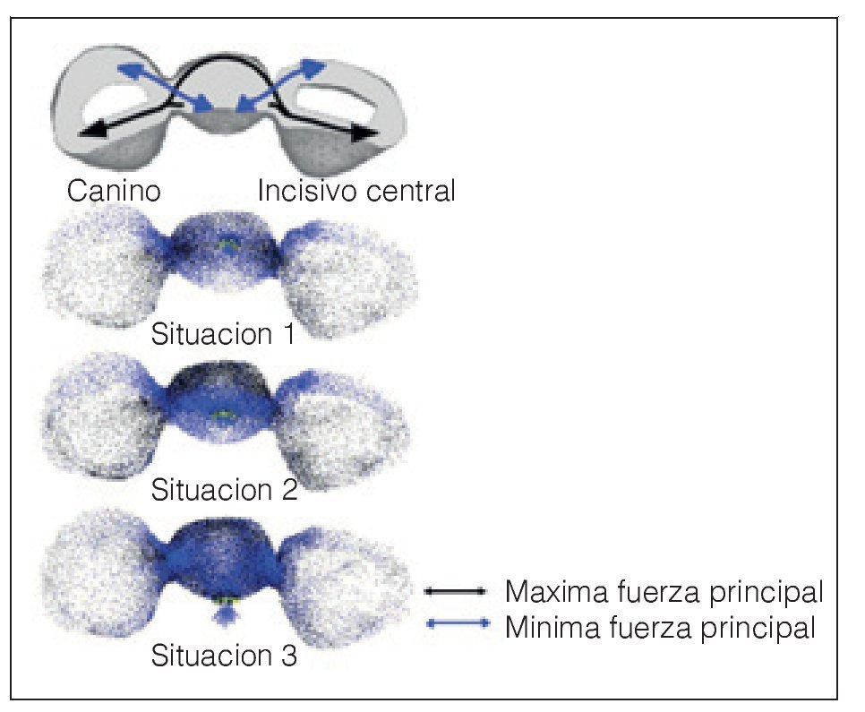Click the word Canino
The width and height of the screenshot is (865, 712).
[114, 191]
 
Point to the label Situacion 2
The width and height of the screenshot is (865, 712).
[224, 490]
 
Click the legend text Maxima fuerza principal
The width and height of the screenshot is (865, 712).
[664, 592]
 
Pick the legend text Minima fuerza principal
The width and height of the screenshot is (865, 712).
[661, 627]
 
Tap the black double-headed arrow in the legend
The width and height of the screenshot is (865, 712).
[456, 592]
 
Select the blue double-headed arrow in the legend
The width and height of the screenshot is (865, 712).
[456, 625]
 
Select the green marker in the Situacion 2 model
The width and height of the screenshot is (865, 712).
[225, 414]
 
